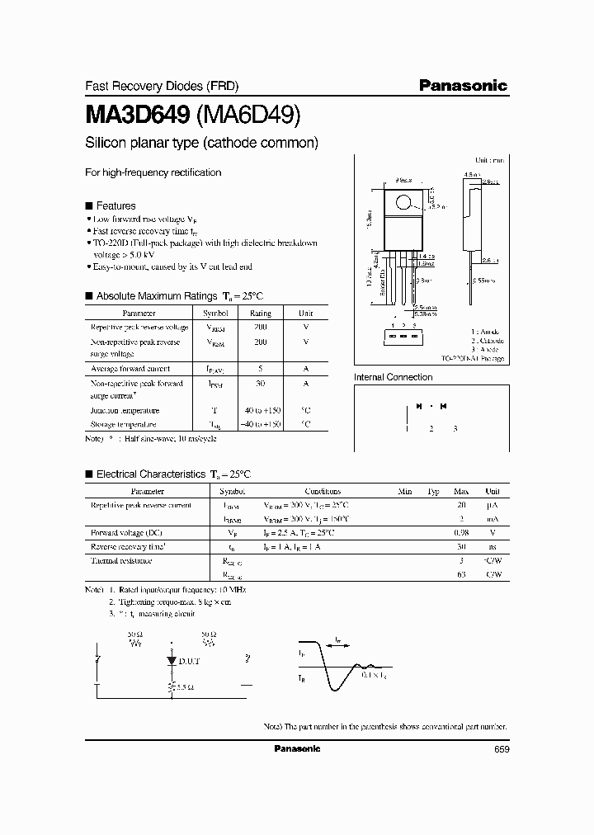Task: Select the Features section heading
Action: point(115,205)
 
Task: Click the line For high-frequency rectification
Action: point(153,172)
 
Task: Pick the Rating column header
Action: point(260,314)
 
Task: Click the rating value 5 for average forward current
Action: point(260,369)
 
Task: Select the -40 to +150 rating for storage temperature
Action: point(260,424)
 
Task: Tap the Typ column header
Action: point(432,491)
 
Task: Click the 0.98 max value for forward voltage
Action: point(461,533)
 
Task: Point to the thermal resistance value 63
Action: point(461,575)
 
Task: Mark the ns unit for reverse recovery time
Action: point(493,547)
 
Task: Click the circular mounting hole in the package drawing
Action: point(403,201)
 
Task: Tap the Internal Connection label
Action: point(393,377)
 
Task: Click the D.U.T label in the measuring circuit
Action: point(190,662)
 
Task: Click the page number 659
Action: point(501,749)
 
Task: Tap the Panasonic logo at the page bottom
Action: point(296,748)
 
